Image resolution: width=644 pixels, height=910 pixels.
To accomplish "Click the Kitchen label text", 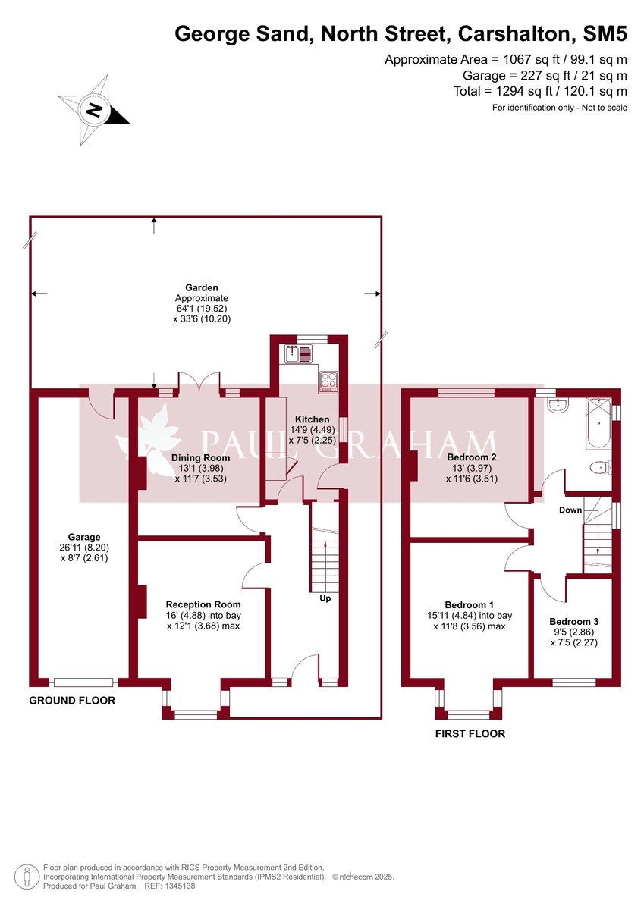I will click(x=312, y=419).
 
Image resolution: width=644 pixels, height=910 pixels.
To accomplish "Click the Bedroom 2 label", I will click(x=471, y=457).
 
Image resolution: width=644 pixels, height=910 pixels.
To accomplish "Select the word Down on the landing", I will click(x=570, y=510).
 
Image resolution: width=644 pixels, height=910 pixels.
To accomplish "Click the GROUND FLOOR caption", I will click(x=72, y=701).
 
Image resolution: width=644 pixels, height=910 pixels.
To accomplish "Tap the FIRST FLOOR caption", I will click(x=470, y=733).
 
